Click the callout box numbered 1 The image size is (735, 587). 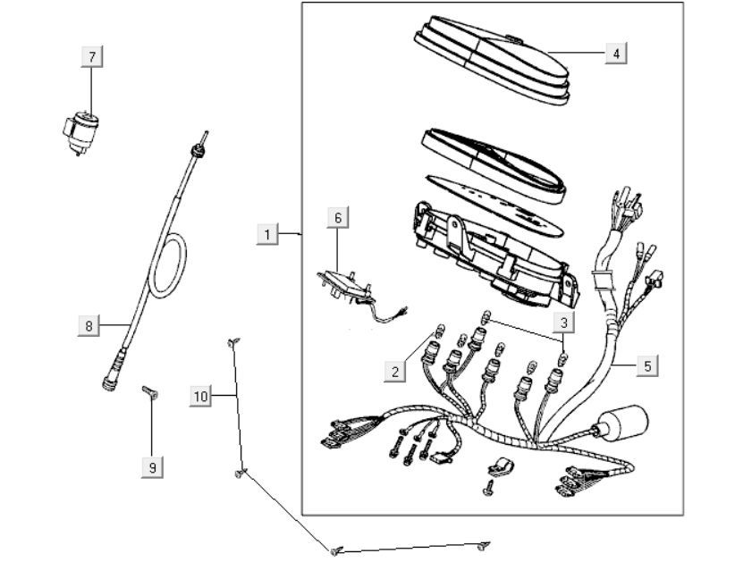pos(266,234)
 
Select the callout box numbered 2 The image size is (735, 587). pos(395,372)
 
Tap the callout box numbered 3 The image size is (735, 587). pos(564,320)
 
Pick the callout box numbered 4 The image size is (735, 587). pos(614,54)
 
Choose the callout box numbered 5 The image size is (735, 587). pos(647,365)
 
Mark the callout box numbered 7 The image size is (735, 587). pos(91,56)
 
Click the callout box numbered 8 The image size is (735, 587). pos(89,326)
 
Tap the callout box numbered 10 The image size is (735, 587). pos(201,395)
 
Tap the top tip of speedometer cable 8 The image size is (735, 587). pos(204,138)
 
